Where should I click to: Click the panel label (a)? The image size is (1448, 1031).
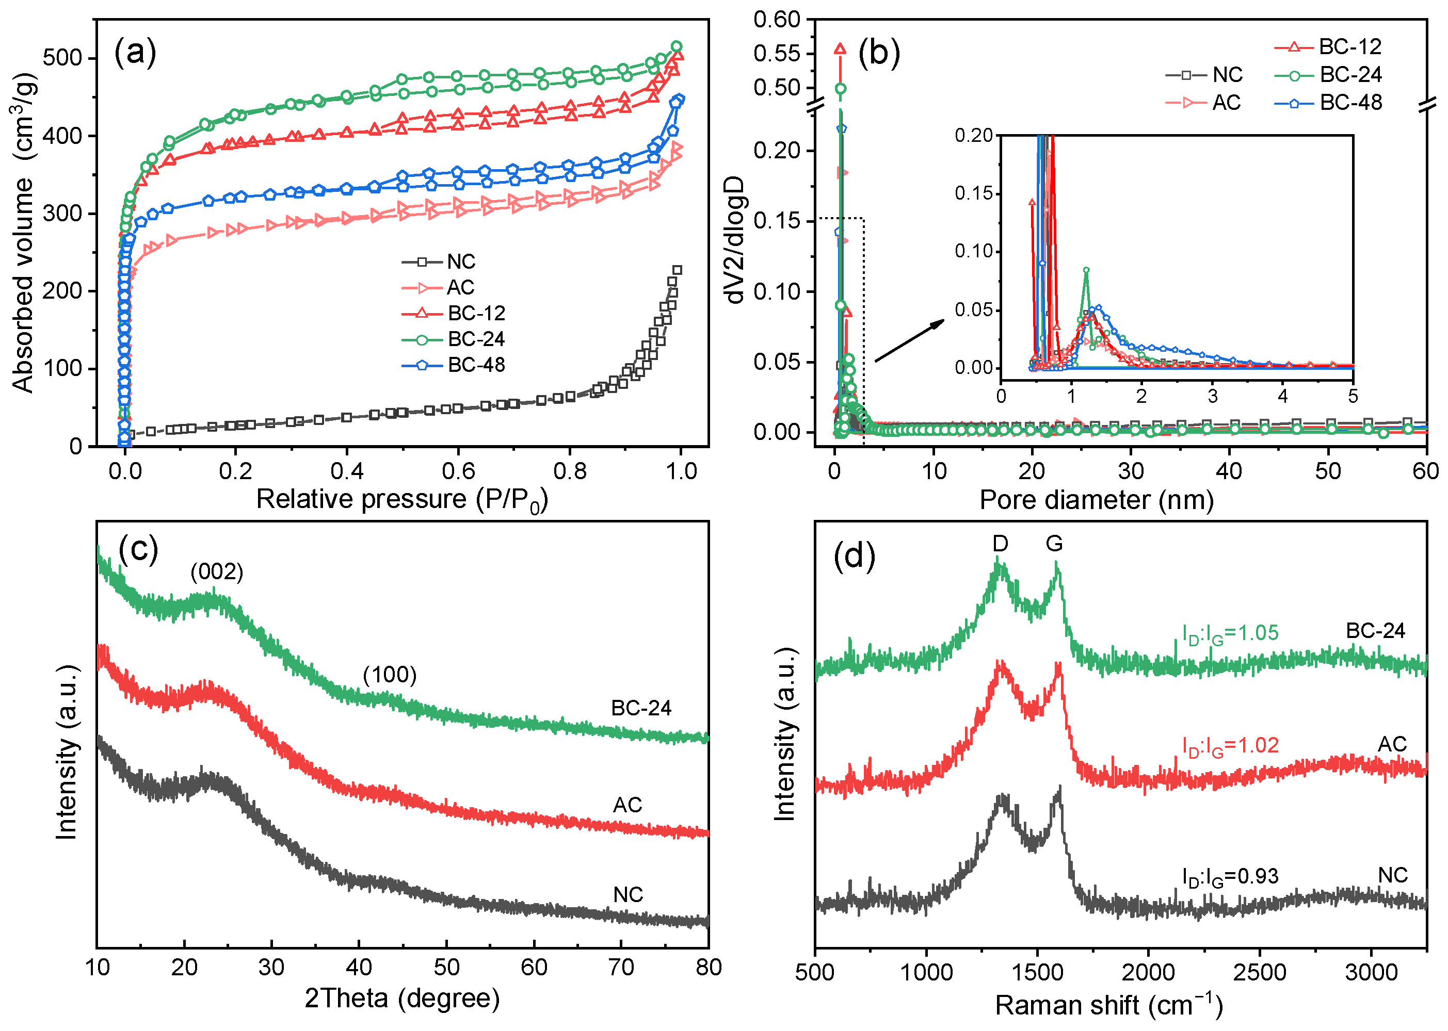pos(135,52)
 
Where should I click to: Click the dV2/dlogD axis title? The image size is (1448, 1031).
pos(735,240)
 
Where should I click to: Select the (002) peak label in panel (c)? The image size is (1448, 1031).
pos(217,572)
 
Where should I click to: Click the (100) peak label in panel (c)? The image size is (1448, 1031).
pos(389,675)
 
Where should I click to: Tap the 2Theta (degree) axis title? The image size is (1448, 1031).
pos(401,999)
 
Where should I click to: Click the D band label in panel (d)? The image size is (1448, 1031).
pos(1000,544)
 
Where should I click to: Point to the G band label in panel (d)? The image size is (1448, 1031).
pos(1054,544)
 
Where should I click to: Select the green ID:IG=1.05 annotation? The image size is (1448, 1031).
pos(1230,633)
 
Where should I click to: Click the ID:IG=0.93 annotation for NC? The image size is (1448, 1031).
pos(1230,877)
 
